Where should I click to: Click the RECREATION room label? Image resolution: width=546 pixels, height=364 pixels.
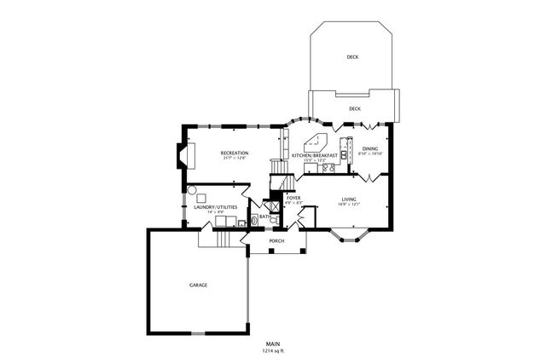pos(235,153)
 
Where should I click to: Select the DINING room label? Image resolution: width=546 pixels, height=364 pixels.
pos(369,149)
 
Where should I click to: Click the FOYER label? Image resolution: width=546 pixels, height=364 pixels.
pos(293,198)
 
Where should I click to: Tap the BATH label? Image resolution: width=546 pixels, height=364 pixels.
pos(264,217)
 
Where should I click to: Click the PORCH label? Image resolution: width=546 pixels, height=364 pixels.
pos(276,241)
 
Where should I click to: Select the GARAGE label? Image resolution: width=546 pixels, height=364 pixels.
pos(198,285)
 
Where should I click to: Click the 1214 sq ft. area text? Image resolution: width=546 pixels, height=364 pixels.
pos(273,350)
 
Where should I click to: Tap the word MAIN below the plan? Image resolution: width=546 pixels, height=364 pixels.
pos(273,344)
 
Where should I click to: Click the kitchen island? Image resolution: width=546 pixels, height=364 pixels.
pos(311,141)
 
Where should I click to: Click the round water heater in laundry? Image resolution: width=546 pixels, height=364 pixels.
pos(192,192)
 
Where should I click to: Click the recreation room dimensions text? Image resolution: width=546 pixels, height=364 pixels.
pos(235,158)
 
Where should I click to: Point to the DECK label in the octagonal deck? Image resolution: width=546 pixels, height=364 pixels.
pos(352,57)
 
